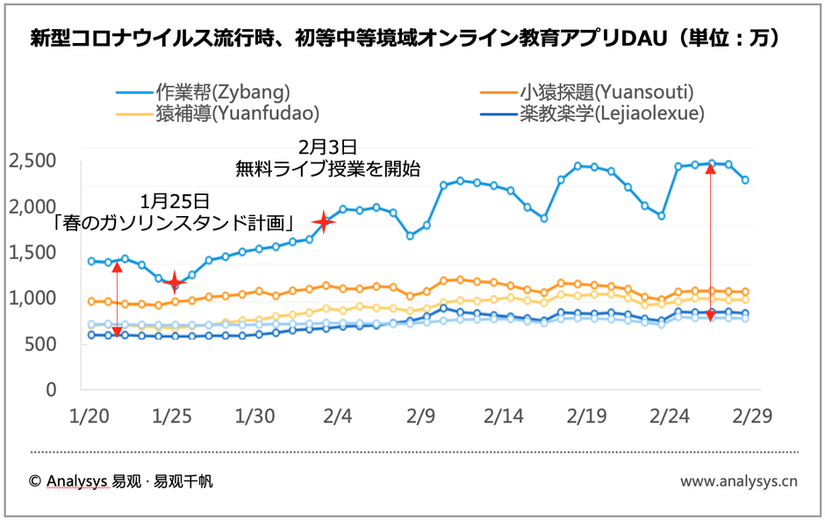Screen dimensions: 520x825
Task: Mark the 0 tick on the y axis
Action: point(51,390)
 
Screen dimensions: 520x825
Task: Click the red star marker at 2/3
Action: point(325,221)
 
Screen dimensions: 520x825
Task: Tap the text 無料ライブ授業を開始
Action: point(327,167)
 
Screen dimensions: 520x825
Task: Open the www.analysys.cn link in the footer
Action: point(738,480)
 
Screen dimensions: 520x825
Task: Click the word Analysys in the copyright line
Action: point(78,481)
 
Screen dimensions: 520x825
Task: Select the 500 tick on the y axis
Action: point(41,344)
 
